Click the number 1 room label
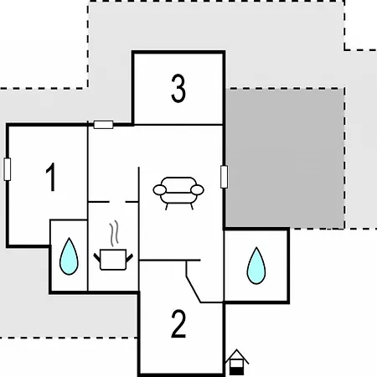[51, 177]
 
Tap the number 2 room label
[178, 324]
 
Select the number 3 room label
[178, 89]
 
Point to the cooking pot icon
[113, 260]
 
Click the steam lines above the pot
[115, 233]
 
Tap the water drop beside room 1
[69, 256]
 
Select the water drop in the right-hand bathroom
[256, 266]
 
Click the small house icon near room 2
[237, 362]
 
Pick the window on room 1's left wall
[8, 169]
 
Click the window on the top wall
[103, 125]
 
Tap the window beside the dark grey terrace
[224, 177]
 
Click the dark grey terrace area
[285, 158]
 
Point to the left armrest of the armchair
[160, 190]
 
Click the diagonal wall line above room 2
[194, 289]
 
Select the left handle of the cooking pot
[97, 258]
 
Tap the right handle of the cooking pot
[130, 258]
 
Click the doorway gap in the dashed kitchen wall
[117, 202]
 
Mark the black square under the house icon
[236, 371]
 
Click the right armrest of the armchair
[197, 190]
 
